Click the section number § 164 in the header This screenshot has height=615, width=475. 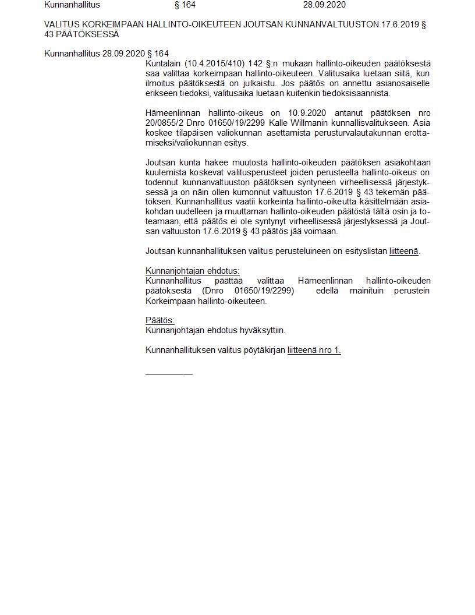185,5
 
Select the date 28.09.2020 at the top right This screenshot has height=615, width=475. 324,5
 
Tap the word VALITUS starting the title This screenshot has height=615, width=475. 60,25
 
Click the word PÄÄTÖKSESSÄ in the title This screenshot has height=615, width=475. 88,34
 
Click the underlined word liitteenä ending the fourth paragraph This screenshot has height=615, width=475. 404,252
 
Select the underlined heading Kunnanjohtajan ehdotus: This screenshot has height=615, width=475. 193,271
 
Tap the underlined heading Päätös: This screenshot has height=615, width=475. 160,320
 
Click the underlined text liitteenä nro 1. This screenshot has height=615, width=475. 314,350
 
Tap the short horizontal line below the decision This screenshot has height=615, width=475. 169,372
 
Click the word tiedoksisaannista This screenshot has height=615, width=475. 356,93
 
